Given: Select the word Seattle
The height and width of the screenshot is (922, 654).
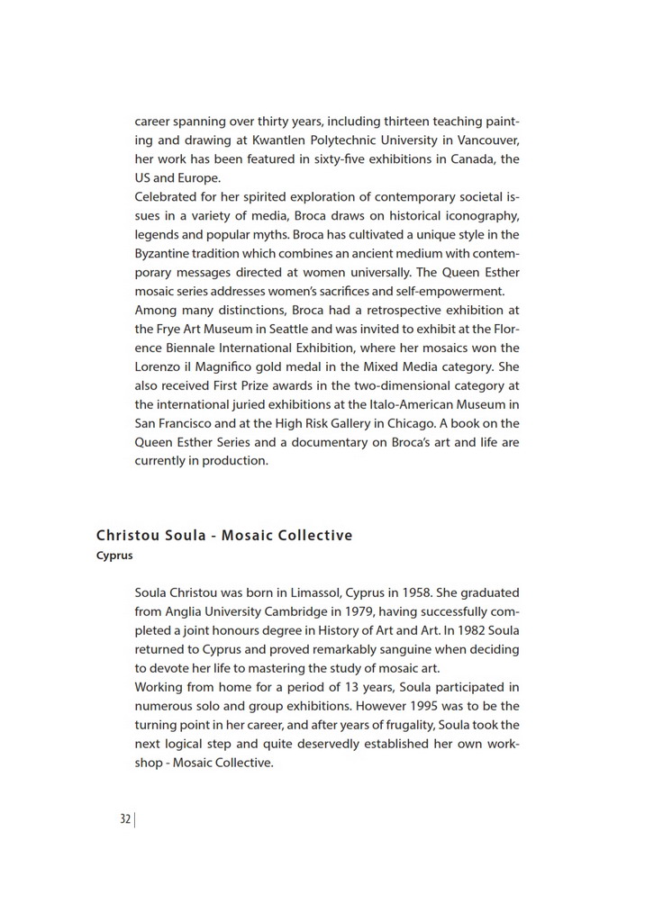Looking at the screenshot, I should coord(283,330).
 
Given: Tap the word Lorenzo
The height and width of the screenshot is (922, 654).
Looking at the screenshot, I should coord(159,367).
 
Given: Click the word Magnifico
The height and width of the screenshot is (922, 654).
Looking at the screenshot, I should coord(232,367).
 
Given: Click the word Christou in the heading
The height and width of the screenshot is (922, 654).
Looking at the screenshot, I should coord(128,536).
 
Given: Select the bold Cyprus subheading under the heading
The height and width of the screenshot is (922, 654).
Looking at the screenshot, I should coord(114,556).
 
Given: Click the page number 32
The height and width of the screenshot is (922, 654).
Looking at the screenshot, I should coord(125,819).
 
